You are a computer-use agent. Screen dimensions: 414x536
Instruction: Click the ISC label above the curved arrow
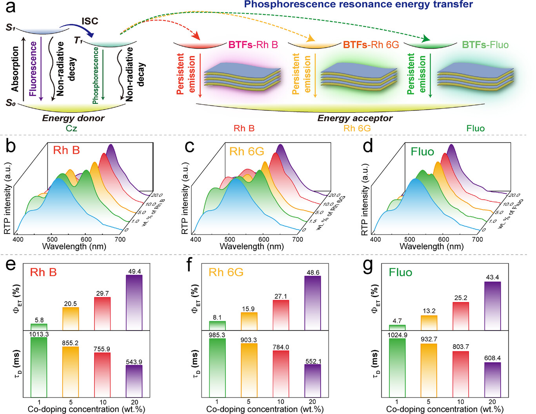click(x=90, y=21)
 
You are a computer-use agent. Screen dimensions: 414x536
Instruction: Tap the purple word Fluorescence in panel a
click(x=33, y=69)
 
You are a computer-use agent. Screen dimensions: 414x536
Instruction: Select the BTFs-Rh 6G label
click(x=371, y=45)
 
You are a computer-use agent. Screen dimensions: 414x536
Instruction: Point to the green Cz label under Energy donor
click(x=71, y=128)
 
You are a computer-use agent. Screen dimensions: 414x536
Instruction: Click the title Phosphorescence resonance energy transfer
click(x=358, y=5)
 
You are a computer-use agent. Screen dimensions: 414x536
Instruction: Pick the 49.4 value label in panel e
click(x=134, y=271)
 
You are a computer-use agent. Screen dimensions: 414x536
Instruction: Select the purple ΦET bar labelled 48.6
click(x=313, y=303)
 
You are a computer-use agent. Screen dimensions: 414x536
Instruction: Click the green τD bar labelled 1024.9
click(x=397, y=368)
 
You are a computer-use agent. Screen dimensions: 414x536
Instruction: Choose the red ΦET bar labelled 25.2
click(x=461, y=316)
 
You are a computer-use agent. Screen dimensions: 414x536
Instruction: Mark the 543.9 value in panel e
click(x=134, y=362)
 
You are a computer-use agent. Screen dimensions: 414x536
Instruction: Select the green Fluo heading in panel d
click(x=422, y=152)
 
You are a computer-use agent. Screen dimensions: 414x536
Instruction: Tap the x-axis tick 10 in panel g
click(x=460, y=402)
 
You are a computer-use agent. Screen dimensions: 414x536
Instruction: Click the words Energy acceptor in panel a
click(x=354, y=118)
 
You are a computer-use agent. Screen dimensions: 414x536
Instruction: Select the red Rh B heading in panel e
click(x=43, y=272)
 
